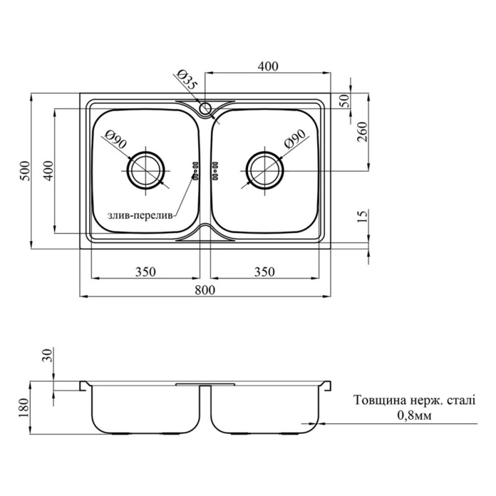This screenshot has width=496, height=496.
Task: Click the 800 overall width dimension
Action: tap(205, 290)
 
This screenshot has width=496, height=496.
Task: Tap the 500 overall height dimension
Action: tap(25, 171)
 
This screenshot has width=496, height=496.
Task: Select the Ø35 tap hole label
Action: tap(188, 79)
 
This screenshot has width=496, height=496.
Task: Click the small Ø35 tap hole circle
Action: tap(206, 108)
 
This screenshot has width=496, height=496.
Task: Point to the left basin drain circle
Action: tap(146, 170)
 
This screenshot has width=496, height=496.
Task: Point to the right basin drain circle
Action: tap(265, 170)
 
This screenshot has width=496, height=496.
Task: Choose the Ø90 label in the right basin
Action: tap(295, 139)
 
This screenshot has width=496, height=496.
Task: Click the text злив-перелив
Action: tap(141, 216)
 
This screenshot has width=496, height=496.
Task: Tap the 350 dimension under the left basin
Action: tap(146, 272)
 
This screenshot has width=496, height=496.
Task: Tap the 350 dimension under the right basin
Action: tap(265, 272)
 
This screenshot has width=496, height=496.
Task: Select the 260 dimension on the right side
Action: tap(363, 131)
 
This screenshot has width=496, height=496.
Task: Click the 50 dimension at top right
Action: tap(345, 100)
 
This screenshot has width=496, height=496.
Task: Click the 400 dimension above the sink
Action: tap(268, 66)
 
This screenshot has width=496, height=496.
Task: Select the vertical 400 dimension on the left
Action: tap(48, 171)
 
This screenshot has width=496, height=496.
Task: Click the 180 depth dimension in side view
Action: tap(24, 408)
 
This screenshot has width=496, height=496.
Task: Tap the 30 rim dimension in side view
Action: tap(46, 354)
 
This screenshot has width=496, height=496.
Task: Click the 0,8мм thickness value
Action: tap(414, 415)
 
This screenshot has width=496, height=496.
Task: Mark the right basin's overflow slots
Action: tap(215, 171)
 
